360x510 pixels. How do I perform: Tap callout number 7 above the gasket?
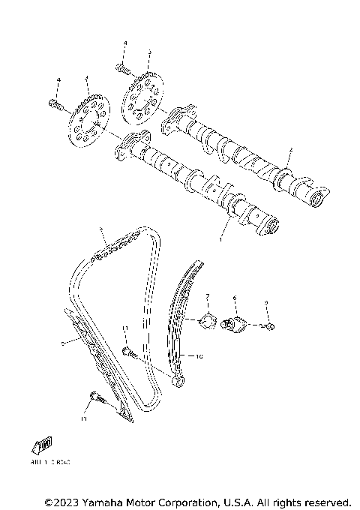pyautogui.click(x=208, y=297)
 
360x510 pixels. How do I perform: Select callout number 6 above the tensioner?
pyautogui.click(x=234, y=298)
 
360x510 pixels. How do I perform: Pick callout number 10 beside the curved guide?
pyautogui.click(x=199, y=358)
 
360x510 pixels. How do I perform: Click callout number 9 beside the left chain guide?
pyautogui.click(x=61, y=343)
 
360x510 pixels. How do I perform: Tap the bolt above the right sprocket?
pyautogui.click(x=124, y=69)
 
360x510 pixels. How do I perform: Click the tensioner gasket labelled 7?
pyautogui.click(x=202, y=322)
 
